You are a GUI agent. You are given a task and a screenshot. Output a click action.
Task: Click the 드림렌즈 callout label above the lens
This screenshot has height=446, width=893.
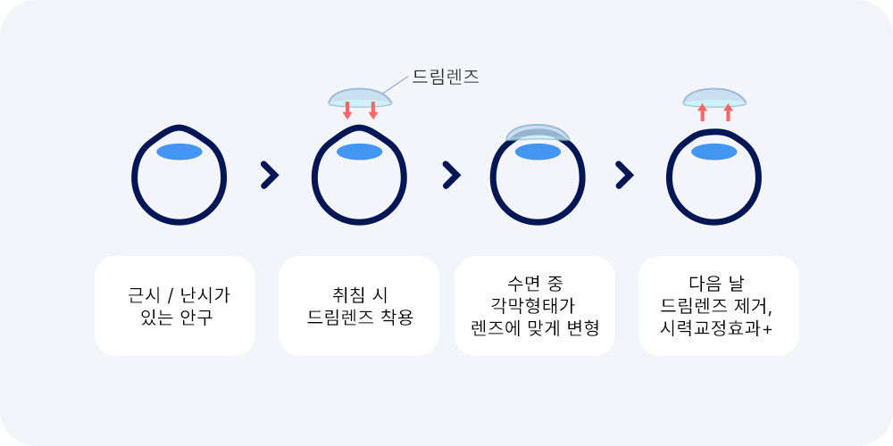tap(445, 77)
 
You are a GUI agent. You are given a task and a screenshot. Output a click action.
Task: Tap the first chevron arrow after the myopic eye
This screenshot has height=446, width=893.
tap(270, 175)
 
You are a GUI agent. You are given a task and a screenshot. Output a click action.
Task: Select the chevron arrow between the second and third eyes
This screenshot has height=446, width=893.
tap(451, 175)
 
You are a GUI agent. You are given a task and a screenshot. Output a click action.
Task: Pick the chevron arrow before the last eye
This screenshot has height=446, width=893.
tap(624, 175)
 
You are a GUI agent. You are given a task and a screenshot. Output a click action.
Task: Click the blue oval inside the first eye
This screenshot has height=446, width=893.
tap(179, 152)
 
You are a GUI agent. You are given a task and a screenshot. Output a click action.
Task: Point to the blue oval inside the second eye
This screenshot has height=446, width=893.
tap(359, 152)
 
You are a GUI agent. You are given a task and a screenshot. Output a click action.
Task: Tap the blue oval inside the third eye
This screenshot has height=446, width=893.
tap(538, 152)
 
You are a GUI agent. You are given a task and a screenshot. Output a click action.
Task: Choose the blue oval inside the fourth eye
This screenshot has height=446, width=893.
tap(714, 152)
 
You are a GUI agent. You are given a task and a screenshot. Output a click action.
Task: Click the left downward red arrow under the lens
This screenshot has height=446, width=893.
tap(347, 111)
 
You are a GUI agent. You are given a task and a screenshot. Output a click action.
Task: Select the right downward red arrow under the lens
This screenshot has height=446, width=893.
tap(373, 111)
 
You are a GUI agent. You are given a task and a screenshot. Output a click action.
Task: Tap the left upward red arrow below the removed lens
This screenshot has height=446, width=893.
tap(703, 112)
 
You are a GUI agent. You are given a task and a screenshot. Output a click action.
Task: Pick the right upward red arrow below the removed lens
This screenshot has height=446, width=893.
tap(729, 112)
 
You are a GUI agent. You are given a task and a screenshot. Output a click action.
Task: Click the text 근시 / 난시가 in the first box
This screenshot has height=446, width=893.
tap(179, 296)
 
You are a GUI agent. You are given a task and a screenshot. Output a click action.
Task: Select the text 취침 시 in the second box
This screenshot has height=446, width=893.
tap(359, 296)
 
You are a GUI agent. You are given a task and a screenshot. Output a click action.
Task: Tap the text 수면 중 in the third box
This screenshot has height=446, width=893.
tap(535, 282)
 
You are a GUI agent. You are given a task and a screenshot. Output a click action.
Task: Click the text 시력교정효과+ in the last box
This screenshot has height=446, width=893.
tap(716, 328)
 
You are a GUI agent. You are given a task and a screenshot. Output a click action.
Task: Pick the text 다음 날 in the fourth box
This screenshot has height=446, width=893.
tap(716, 283)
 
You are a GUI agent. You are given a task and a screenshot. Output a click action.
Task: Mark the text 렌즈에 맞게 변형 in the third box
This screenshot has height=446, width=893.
tap(535, 328)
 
